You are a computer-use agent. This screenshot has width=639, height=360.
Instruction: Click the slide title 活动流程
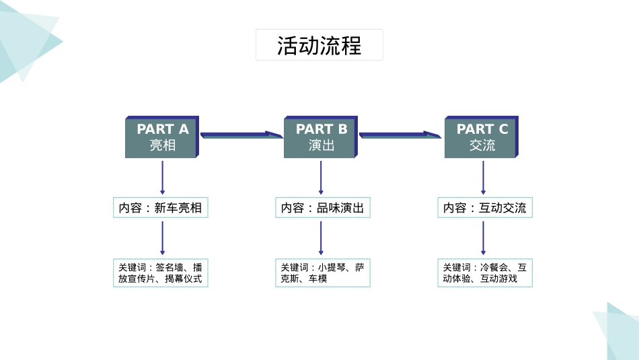click(x=319, y=45)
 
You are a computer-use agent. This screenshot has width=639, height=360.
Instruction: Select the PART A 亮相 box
click(x=161, y=137)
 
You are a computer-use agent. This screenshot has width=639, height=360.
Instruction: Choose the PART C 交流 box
click(x=481, y=137)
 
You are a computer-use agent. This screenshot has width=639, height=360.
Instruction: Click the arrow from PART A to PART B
click(x=241, y=135)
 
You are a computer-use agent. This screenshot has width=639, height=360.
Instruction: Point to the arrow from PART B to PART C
click(x=400, y=135)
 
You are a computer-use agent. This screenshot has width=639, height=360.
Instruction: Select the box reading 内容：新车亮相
click(x=161, y=208)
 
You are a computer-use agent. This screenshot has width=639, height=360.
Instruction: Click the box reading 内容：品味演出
click(x=322, y=208)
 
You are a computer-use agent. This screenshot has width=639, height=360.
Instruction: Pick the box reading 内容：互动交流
click(x=484, y=208)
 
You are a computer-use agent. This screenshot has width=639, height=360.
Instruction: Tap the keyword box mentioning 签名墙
click(x=161, y=273)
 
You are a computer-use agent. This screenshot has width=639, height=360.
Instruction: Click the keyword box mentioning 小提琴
click(x=322, y=273)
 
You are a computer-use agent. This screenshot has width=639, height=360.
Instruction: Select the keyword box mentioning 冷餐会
click(x=484, y=273)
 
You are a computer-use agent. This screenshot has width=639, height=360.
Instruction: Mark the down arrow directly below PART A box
click(x=162, y=178)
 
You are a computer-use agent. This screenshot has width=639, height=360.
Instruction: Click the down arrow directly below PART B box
click(x=321, y=178)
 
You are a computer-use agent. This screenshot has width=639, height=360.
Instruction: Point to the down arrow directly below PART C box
click(x=483, y=178)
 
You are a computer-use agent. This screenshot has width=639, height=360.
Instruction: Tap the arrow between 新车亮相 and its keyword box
click(x=162, y=238)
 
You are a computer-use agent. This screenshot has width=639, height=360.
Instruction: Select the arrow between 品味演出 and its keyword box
click(x=321, y=238)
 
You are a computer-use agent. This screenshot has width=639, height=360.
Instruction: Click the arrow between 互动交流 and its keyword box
click(x=483, y=238)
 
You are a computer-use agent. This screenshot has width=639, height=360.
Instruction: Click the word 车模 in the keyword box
click(x=318, y=279)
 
